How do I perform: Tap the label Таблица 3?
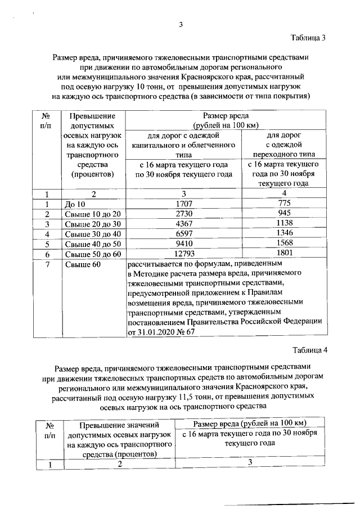pyautogui.click(x=308, y=38)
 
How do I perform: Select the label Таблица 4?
pyautogui.click(x=308, y=351)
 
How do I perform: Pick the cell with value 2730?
pyautogui.click(x=184, y=214)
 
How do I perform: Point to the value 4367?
pyautogui.click(x=184, y=224)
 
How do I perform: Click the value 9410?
pyautogui.click(x=184, y=244)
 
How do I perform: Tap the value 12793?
pyautogui.click(x=184, y=254)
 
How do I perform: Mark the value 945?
pyautogui.click(x=283, y=214)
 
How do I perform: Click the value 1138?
pyautogui.click(x=283, y=224)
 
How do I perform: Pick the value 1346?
pyautogui.click(x=283, y=234)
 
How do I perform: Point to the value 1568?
pyautogui.click(x=283, y=244)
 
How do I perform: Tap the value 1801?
pyautogui.click(x=283, y=254)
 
